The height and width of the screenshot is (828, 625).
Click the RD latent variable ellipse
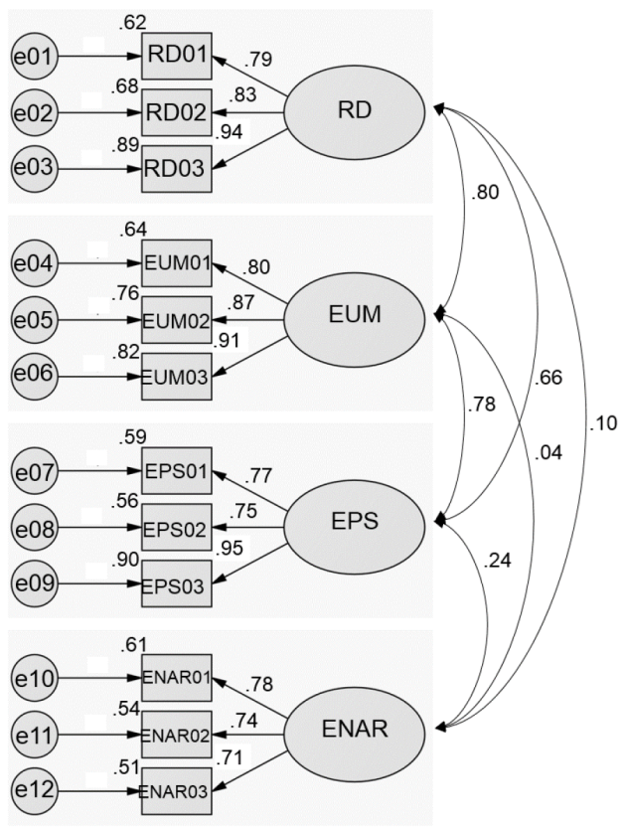tap(354, 111)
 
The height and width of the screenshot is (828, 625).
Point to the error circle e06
tap(34, 376)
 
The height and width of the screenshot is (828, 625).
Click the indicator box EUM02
tap(176, 320)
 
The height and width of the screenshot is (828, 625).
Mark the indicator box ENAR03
tap(176, 791)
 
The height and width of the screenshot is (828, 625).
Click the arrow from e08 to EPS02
tap(100, 528)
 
